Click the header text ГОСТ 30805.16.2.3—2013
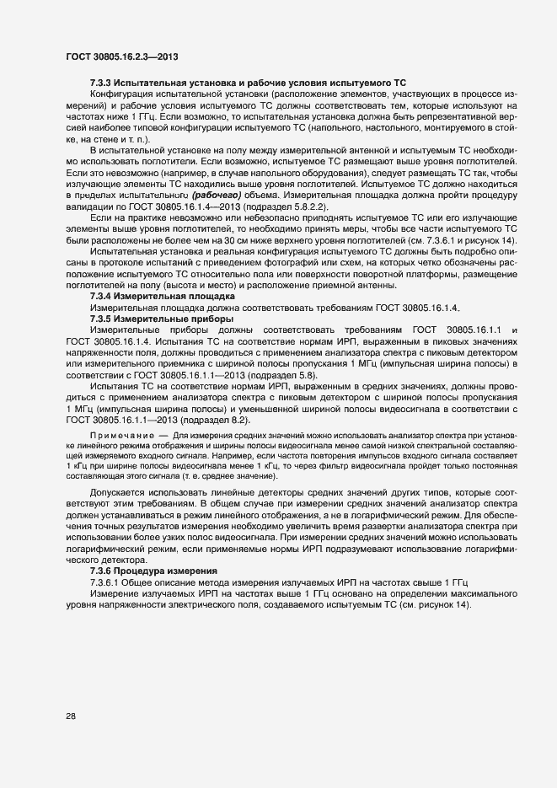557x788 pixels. (121, 56)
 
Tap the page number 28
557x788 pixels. (71, 716)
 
